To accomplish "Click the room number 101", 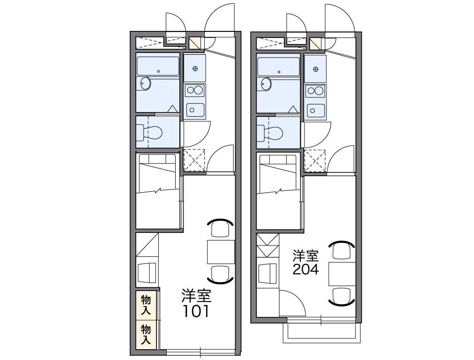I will pyautogui.click(x=196, y=311).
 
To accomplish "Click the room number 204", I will pyautogui.click(x=306, y=270).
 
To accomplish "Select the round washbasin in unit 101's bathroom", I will pyautogui.click(x=146, y=84).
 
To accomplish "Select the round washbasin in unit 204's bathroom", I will pyautogui.click(x=267, y=84).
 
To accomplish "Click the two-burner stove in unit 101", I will pyautogui.click(x=195, y=90).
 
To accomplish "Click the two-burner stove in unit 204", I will pyautogui.click(x=316, y=90).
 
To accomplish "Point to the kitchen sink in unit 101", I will pyautogui.click(x=195, y=110).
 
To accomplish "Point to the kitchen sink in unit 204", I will pyautogui.click(x=316, y=110).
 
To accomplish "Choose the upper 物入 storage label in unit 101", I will pyautogui.click(x=146, y=304).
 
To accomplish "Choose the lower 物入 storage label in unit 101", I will pyautogui.click(x=146, y=335).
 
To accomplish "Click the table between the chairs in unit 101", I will pyautogui.click(x=221, y=252).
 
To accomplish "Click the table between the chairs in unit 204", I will pyautogui.click(x=341, y=274).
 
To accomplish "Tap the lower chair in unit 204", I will pyautogui.click(x=341, y=295).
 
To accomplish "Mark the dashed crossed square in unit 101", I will pyautogui.click(x=194, y=160).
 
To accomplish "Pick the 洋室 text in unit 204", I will pyautogui.click(x=306, y=256).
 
